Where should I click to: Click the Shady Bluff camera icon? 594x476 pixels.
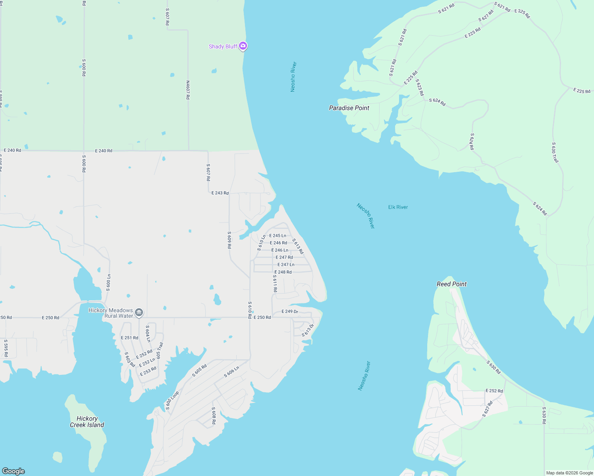tap(243, 46)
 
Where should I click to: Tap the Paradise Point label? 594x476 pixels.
tap(349, 108)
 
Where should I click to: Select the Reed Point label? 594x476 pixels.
tap(451, 284)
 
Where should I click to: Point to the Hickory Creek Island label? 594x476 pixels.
tap(87, 422)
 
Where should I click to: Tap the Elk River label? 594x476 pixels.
tap(398, 207)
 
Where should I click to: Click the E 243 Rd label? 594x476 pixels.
tap(220, 193)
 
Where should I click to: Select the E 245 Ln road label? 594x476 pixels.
tap(278, 236)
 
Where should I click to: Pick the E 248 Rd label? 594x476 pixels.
tap(283, 272)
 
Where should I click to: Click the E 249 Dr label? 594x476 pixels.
tap(289, 311)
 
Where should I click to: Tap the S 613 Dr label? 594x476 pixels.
tap(308, 330)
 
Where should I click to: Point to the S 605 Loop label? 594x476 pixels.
tap(172, 400)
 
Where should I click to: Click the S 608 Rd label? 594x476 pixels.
tap(214, 415)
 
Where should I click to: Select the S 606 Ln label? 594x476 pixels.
tap(231, 372)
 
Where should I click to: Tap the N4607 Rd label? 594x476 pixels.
tap(188, 90)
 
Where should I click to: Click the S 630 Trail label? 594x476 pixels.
tap(555, 152)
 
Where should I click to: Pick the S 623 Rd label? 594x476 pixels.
tap(420, 87)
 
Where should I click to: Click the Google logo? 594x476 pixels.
tap(13, 471)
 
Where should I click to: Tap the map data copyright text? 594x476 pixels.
tap(569, 473)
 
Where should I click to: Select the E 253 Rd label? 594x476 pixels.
tap(148, 371)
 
